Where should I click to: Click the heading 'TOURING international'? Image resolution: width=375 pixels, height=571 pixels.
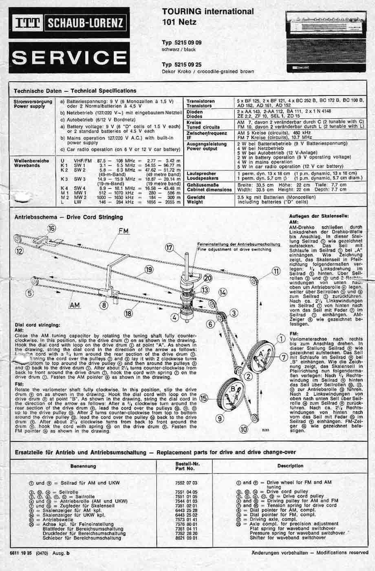coord(207,11)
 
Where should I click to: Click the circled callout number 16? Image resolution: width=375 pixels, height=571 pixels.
coord(51,228)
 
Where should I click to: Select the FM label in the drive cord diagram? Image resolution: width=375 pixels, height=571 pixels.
coord(123,231)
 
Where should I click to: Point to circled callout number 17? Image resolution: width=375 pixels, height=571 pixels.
coord(170,248)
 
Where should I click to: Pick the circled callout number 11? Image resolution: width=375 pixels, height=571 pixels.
coord(277,271)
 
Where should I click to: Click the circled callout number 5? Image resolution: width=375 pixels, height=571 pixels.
coord(29,292)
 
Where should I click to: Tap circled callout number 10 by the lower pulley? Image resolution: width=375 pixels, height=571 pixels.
coord(244,429)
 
